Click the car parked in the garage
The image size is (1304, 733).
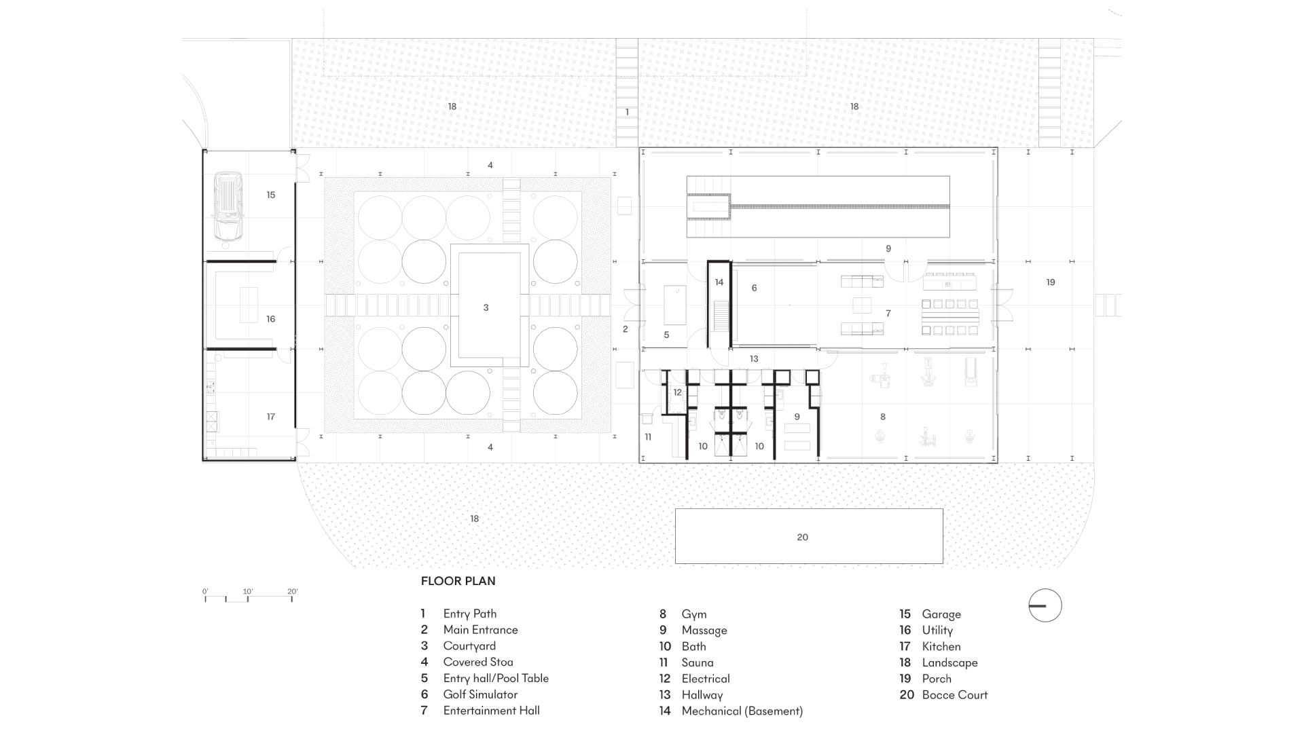[228, 206]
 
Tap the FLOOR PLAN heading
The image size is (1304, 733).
[458, 581]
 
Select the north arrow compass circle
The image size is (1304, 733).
[1045, 605]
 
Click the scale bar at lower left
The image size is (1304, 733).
[249, 597]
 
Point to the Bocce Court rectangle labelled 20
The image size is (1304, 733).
[808, 536]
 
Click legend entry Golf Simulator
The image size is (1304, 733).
[479, 694]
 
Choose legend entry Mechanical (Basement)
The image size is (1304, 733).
[742, 711]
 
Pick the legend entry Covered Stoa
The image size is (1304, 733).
[477, 662]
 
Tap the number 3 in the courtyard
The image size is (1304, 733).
[486, 307]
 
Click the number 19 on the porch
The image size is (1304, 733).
[1050, 282]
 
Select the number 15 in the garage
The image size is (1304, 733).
[271, 195]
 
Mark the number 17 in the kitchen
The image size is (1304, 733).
[271, 417]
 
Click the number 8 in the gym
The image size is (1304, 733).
[883, 417]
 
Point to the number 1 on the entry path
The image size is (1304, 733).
[627, 113]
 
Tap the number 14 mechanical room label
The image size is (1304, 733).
[719, 282]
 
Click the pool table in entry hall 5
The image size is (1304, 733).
[675, 305]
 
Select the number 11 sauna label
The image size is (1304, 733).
[648, 437]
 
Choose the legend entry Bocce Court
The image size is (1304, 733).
[954, 694]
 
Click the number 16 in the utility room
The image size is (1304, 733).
[271, 319]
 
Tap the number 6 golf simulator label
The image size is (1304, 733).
[754, 288]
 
